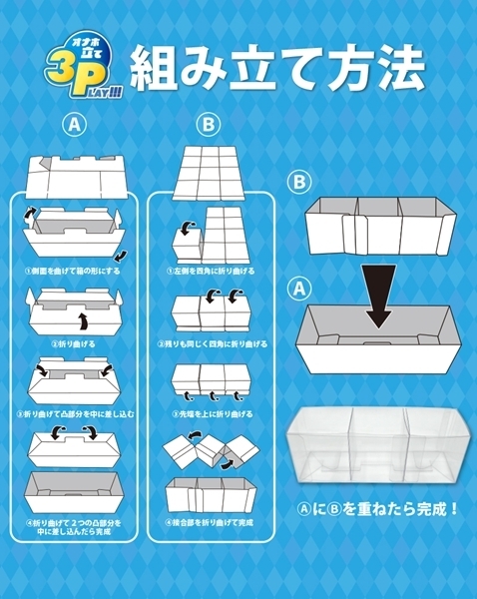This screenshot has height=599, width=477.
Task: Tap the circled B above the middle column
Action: click(x=208, y=127)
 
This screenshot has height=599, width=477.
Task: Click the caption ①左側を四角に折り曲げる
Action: click(x=208, y=271)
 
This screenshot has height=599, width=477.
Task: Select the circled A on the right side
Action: click(x=297, y=289)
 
